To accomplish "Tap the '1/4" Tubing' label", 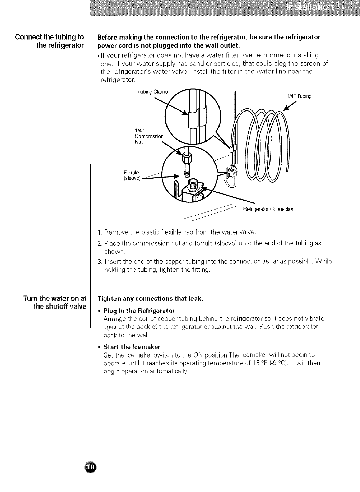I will [299, 96].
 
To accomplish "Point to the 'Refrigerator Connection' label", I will [269, 209].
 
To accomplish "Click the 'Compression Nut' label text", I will [149, 137].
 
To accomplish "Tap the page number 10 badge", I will [91, 467].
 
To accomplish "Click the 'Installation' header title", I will [309, 8].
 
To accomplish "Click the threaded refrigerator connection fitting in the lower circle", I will [192, 185].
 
